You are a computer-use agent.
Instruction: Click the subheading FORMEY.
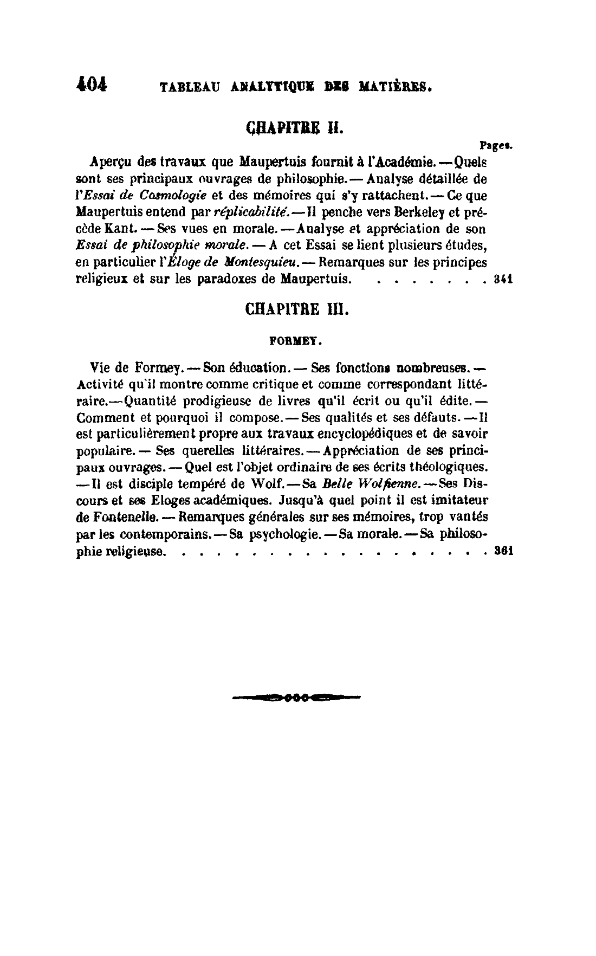tap(296, 342)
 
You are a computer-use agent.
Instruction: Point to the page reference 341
tap(504, 280)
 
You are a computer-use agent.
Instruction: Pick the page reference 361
tap(504, 551)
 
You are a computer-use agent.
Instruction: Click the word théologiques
tap(447, 467)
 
